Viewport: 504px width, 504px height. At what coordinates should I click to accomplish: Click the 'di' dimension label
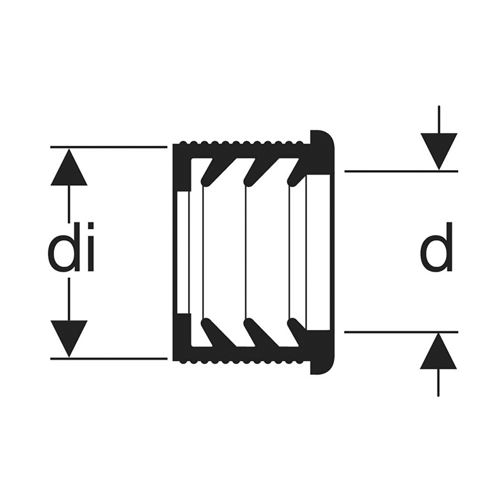71,247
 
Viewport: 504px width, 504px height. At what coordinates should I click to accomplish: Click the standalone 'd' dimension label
436,247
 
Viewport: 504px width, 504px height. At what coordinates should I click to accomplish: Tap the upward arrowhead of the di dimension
69,167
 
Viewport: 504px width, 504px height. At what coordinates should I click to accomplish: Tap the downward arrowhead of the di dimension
69,338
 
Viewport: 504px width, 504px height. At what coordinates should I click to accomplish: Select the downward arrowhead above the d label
438,151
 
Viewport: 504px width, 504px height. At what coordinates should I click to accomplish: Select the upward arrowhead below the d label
438,351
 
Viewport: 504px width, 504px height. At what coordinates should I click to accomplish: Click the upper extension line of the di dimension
109,147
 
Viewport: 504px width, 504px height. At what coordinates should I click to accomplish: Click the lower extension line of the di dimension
109,358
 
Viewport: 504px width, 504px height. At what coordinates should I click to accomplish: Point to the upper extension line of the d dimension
401,171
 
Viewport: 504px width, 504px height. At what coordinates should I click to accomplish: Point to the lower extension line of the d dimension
401,332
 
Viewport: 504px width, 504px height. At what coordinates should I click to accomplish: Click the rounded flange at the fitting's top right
323,151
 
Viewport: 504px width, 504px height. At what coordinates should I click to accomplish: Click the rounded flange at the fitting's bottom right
323,353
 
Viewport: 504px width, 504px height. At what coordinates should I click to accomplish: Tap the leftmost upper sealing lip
207,172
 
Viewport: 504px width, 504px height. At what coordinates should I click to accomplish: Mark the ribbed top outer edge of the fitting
241,142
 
